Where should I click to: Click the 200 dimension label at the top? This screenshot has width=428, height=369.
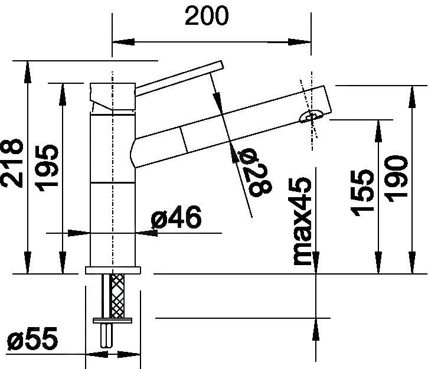point(206,16)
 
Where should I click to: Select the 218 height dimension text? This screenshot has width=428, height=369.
point(12,164)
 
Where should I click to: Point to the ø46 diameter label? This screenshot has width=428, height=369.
point(177,218)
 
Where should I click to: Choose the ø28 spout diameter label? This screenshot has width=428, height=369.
point(256,171)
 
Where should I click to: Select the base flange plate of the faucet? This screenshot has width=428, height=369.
point(113,270)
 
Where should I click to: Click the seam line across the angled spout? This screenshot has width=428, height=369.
point(184,138)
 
